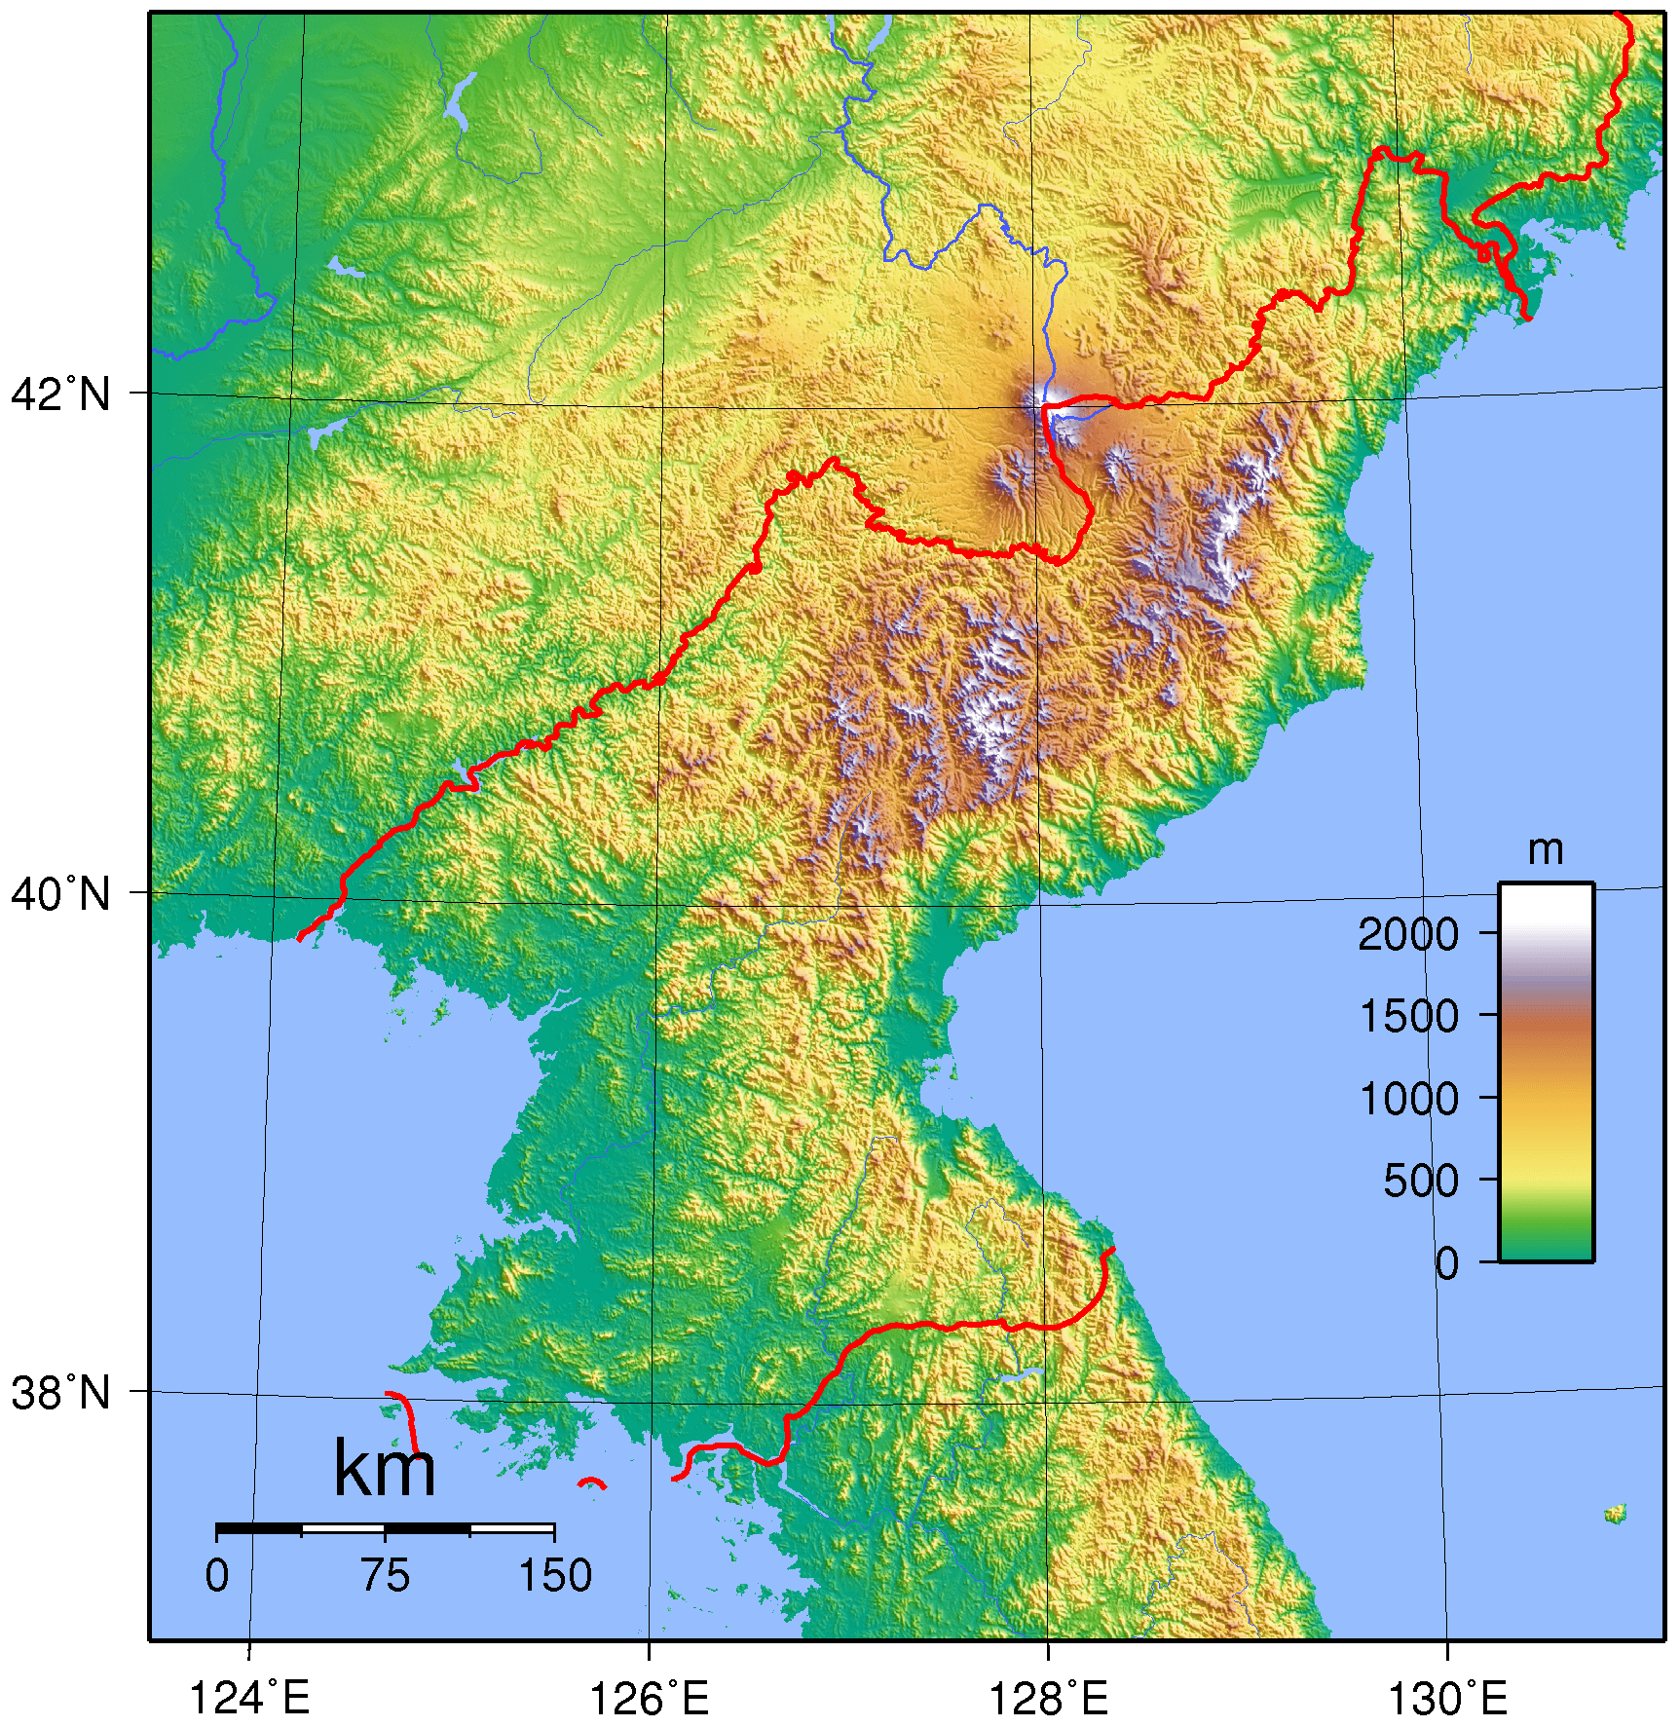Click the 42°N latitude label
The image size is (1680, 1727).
60,394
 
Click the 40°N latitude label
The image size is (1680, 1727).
60,893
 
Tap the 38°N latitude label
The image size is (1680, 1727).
60,1393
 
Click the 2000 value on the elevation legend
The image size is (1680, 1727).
1407,934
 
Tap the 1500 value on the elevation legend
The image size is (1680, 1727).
1407,1016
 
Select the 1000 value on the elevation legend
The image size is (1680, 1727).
1407,1099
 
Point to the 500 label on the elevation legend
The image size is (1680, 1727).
1420,1181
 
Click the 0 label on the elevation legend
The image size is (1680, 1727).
1446,1263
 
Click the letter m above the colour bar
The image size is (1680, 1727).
1545,850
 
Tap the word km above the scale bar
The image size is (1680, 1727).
384,1468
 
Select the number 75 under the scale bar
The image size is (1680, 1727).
385,1576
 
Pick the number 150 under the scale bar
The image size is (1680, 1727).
554,1576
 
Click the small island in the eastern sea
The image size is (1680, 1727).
1615,1513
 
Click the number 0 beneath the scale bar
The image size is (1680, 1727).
217,1576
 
